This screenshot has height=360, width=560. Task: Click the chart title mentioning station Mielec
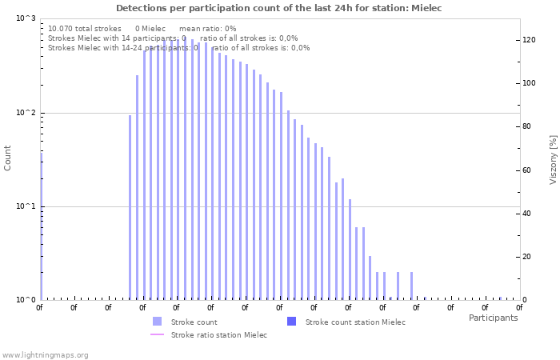point(278,8)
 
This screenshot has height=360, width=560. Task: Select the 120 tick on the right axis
point(529,40)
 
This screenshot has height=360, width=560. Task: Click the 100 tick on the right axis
point(529,83)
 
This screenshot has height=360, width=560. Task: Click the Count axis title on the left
point(8,158)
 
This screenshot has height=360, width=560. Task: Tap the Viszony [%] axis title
point(553,159)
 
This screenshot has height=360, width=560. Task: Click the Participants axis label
point(493,318)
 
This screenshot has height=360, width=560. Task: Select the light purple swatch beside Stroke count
point(157,322)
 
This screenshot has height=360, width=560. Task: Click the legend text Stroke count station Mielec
point(355,322)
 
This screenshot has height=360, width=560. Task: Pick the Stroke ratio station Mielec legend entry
point(219,334)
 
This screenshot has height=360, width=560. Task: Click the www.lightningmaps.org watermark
point(45,354)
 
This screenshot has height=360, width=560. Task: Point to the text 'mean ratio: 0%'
point(207,28)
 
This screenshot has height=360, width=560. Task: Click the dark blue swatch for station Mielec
point(291,322)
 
